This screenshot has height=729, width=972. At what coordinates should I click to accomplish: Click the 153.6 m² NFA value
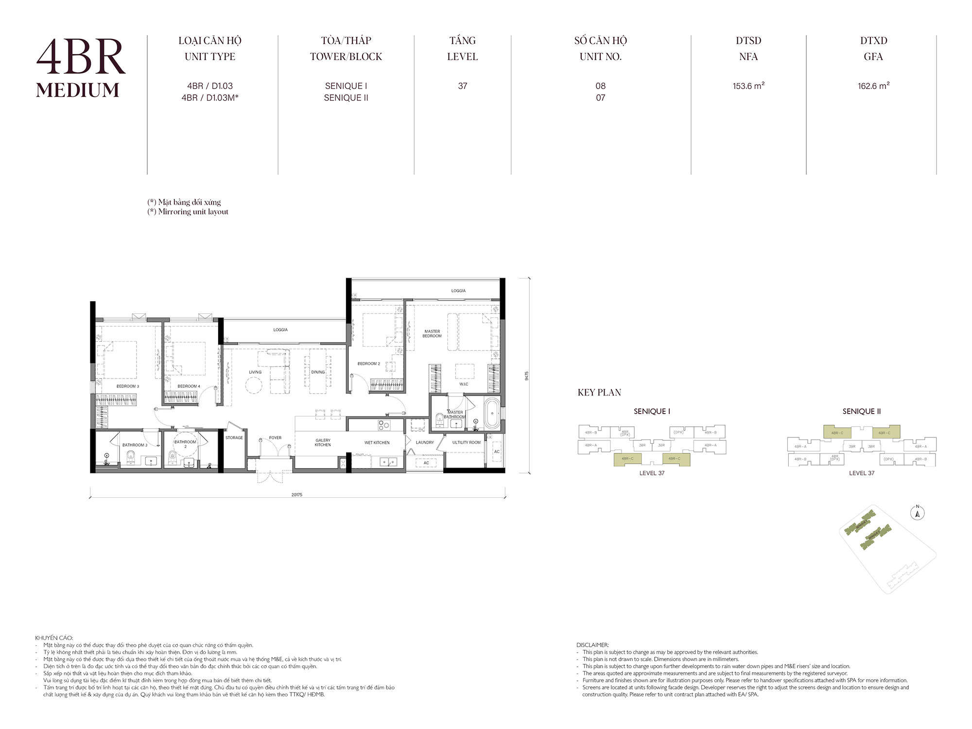click(x=748, y=86)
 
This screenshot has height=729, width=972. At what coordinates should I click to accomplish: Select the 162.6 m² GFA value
click(x=873, y=86)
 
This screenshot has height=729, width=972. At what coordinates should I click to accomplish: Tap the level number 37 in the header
click(x=462, y=86)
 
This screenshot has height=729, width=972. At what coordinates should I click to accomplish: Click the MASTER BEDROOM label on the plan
click(x=432, y=333)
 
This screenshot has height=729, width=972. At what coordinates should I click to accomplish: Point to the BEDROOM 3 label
click(x=127, y=386)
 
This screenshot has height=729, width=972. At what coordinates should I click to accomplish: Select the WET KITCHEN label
click(x=377, y=443)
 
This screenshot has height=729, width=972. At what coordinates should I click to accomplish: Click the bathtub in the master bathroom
click(x=492, y=414)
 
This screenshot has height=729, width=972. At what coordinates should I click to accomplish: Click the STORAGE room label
click(x=234, y=438)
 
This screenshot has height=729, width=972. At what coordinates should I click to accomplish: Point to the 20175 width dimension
click(x=296, y=495)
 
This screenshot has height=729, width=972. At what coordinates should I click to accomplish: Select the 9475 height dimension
click(x=526, y=376)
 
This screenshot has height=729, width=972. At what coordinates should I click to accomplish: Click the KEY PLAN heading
click(x=599, y=393)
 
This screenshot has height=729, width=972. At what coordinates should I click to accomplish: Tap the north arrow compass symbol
click(x=917, y=513)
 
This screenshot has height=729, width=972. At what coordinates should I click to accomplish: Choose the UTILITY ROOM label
click(x=466, y=443)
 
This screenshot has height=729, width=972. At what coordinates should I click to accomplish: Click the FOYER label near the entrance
click(x=275, y=438)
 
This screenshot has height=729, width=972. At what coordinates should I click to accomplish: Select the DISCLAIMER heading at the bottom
click(x=592, y=645)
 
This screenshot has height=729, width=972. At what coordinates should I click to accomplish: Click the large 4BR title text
click(x=81, y=57)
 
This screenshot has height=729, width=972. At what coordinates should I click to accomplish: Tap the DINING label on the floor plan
click(x=318, y=372)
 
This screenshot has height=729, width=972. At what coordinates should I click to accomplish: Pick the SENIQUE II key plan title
click(x=861, y=412)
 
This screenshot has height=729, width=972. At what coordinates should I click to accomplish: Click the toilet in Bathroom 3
click(x=130, y=456)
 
